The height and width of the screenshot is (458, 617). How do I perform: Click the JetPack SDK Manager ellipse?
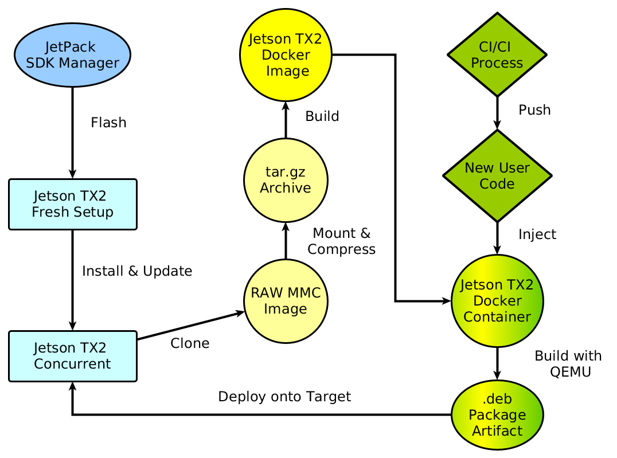[x=72, y=55]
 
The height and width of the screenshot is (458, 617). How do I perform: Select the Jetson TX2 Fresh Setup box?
[x=73, y=204]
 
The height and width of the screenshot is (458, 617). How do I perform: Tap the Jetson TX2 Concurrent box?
[x=73, y=356]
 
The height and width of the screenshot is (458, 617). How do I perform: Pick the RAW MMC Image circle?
[x=286, y=302]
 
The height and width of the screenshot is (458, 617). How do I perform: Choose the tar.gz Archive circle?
[x=286, y=180]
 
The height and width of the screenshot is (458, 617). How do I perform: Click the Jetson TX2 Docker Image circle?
[x=286, y=55]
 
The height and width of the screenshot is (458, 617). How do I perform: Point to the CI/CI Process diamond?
[x=497, y=55]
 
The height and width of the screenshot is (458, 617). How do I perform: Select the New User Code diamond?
[x=497, y=175]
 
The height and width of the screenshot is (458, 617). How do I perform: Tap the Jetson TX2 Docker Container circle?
[x=497, y=301]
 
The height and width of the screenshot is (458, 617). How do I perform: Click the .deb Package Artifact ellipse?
[x=497, y=414]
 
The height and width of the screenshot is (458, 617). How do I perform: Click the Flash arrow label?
[x=108, y=123]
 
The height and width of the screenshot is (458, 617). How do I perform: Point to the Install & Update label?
[x=137, y=271]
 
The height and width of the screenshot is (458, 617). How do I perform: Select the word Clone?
[x=190, y=343]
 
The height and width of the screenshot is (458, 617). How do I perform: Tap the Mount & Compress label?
[x=342, y=241]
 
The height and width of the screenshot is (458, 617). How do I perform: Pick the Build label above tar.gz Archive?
[x=322, y=116]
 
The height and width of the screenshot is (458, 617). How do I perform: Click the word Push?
[x=534, y=110]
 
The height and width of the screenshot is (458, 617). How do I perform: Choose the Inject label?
[x=537, y=234]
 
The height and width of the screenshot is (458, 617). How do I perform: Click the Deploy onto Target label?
[x=284, y=396]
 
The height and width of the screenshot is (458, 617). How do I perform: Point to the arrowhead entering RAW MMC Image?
[x=241, y=312]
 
